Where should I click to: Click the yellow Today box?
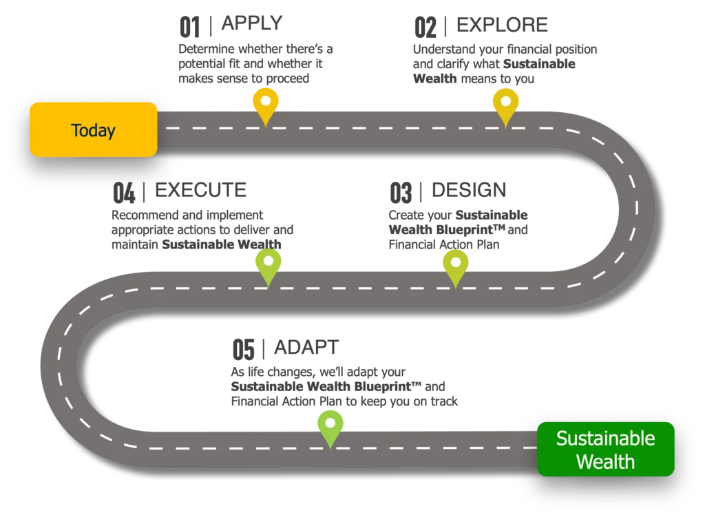94,129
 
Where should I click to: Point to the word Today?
94,130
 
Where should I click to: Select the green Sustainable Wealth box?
605,449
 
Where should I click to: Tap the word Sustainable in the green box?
605,439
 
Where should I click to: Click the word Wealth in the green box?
605,461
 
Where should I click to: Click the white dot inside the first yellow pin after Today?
266,101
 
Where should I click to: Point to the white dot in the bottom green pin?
330,422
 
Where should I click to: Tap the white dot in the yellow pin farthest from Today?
505,101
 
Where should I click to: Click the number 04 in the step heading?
122,190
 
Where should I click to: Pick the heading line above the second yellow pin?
482,25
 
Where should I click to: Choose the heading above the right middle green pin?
448,189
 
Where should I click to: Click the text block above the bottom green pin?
330,375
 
